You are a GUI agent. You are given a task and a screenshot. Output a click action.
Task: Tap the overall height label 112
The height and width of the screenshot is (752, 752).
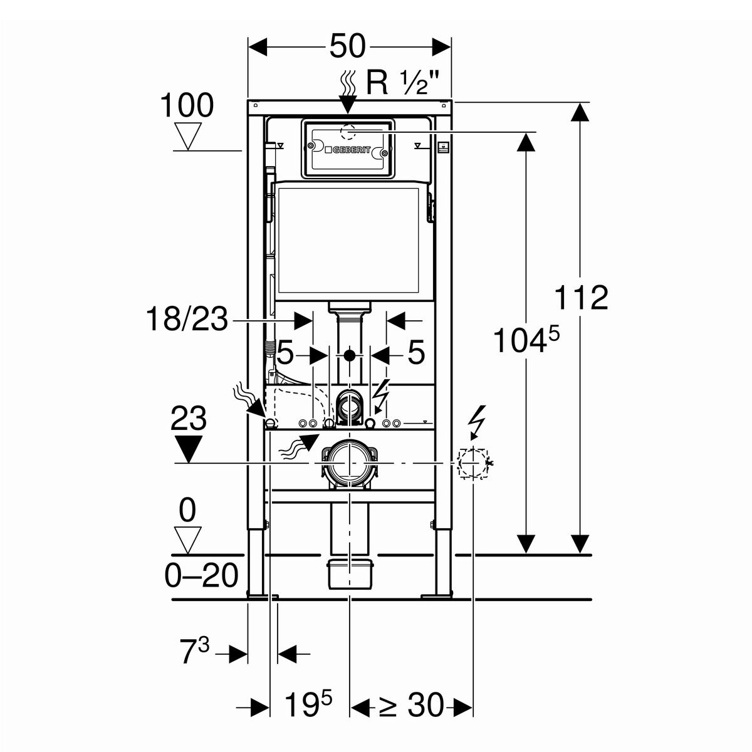pos(581,297)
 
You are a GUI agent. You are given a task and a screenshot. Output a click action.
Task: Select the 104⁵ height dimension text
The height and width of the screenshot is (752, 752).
pos(526,340)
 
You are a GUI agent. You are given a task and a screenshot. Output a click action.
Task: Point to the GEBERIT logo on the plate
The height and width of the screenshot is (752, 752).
pos(348,150)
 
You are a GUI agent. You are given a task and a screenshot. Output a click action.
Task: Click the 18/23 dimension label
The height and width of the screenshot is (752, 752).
pos(187,319)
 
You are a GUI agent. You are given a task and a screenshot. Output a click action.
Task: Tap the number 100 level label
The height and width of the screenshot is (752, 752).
pos(187,105)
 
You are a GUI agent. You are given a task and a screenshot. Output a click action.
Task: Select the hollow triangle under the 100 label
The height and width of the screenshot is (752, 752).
pos(188,137)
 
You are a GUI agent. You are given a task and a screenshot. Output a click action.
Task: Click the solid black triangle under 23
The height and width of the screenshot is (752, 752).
pos(189,449)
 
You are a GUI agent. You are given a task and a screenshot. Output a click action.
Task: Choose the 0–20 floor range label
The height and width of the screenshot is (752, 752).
pos(201,576)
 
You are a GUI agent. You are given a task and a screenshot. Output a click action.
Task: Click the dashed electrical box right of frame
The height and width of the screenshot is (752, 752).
pos(473,463)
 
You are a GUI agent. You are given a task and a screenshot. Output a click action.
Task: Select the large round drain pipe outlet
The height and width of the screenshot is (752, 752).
pos(349,463)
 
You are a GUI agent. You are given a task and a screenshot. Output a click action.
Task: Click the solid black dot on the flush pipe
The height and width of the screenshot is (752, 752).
pos(350,355)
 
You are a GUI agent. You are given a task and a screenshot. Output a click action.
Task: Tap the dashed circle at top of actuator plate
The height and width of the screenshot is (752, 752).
pos(348,133)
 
